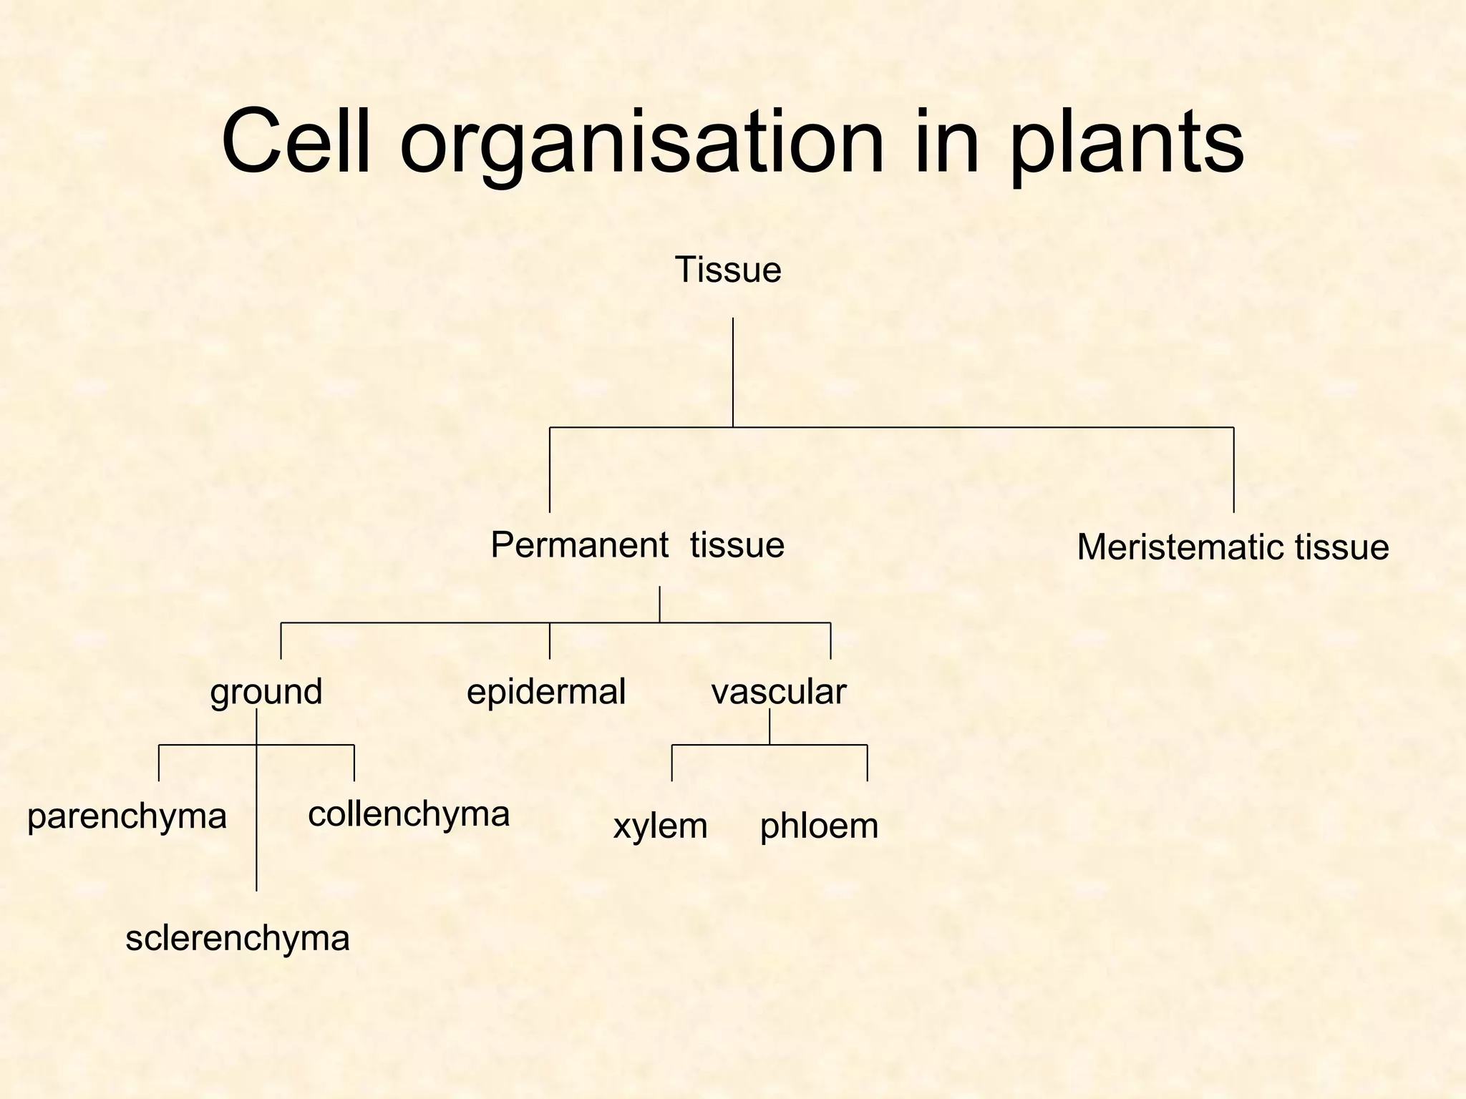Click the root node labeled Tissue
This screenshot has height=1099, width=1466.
coord(727,270)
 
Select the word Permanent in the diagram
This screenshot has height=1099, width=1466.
coord(579,546)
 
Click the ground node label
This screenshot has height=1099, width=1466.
coord(266,692)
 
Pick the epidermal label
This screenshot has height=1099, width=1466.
coord(546,692)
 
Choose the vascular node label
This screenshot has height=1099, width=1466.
coord(779,692)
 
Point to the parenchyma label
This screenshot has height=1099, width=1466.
coord(127,817)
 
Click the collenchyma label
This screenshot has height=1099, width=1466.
coord(409,814)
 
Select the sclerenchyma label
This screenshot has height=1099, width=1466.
coord(238,939)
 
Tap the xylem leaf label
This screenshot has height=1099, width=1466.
coord(660,826)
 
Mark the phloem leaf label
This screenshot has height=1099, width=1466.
coord(819,826)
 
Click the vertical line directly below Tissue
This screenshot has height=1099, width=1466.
coord(733,372)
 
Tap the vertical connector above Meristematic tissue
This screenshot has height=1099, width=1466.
coord(1234,470)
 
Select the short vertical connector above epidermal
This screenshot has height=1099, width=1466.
coord(550,640)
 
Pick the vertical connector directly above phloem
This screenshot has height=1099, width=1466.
coord(868,763)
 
